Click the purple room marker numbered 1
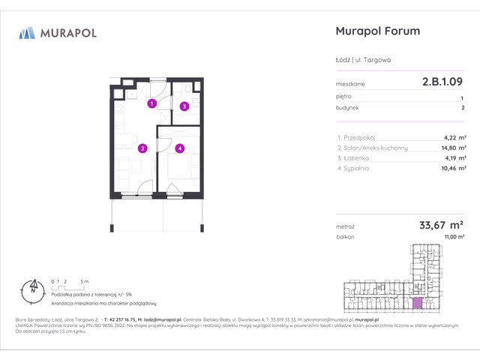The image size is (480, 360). tap(151, 103)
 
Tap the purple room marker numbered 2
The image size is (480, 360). tap(142, 148)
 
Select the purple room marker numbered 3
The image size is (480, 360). tap(183, 106)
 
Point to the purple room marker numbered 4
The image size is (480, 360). tap(180, 148)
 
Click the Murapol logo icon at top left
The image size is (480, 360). tap(28, 32)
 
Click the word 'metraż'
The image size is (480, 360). tap(345, 225)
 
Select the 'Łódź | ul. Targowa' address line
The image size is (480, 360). tap(361, 59)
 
